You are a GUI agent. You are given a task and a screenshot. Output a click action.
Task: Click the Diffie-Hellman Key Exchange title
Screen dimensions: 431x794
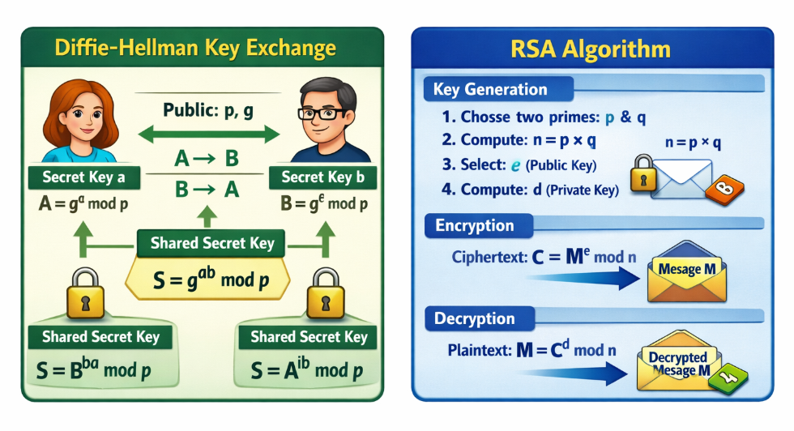[194, 48]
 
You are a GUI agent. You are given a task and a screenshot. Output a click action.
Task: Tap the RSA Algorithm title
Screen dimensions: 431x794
[590, 49]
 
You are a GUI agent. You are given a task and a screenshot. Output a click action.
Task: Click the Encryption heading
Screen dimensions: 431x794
[475, 225]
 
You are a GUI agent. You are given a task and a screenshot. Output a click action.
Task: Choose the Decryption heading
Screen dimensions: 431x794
[475, 318]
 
